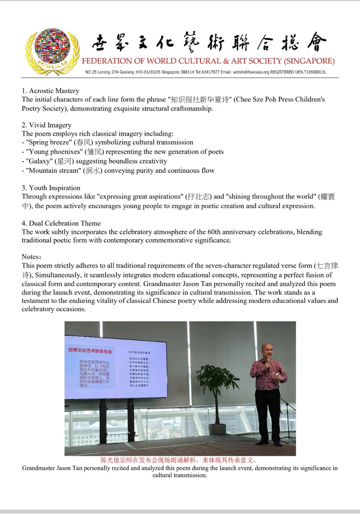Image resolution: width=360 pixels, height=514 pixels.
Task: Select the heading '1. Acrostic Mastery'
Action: point(50,91)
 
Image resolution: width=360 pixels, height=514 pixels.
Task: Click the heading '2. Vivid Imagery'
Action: point(46,125)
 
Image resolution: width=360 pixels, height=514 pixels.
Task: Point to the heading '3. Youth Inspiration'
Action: point(51,188)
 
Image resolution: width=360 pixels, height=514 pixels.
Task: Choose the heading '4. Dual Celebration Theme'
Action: point(61,223)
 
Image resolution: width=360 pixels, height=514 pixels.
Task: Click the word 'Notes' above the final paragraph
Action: point(30,257)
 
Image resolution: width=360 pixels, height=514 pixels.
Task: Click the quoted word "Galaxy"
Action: point(39,161)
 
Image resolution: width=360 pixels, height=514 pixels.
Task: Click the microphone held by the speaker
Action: point(268,361)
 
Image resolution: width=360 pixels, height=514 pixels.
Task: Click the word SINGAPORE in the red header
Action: point(310,61)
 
